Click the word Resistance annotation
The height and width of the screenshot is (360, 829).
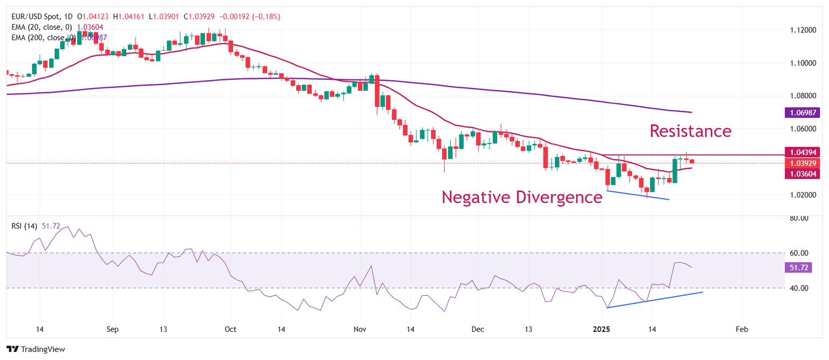click(690, 131)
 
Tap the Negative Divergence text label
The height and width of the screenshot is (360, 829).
click(521, 197)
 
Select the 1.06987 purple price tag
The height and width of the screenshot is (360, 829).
click(801, 112)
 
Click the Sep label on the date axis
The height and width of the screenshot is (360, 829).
click(112, 329)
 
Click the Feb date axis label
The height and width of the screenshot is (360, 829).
click(742, 329)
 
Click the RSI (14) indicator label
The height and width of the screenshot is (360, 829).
click(25, 226)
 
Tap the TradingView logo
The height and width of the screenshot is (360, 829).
click(36, 349)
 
